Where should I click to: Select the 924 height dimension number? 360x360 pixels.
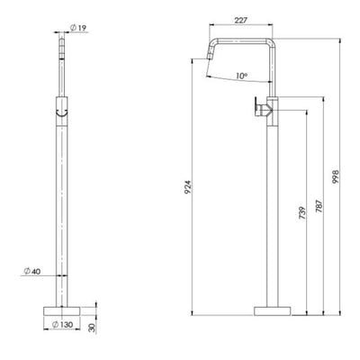click(189, 187)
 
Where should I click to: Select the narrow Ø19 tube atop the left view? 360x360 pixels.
click(61, 63)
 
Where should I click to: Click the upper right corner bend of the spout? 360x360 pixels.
click(269, 42)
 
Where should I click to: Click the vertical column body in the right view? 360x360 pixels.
click(272, 207)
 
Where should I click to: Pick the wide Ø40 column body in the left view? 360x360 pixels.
click(61, 207)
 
